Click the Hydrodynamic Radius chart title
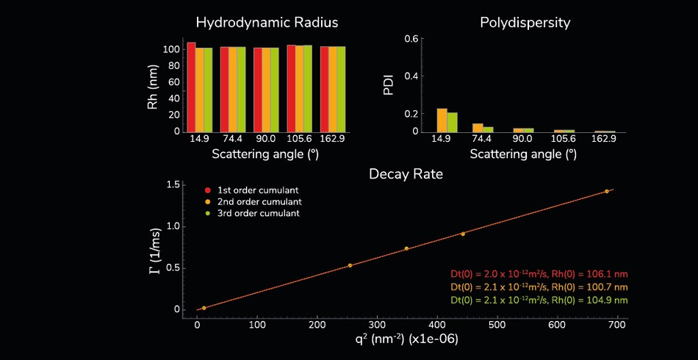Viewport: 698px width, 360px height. [x=267, y=22]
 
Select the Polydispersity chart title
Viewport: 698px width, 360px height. [x=525, y=22]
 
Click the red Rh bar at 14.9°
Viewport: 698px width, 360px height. [x=191, y=87]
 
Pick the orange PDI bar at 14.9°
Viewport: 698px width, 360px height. [x=442, y=120]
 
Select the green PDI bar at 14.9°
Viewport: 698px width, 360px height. [x=453, y=122]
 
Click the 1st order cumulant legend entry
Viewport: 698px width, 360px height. [x=252, y=190]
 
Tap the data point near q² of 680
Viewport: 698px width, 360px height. [x=607, y=191]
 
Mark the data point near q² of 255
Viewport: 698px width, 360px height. [x=350, y=265]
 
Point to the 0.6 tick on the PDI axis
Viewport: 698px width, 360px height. [x=411, y=39]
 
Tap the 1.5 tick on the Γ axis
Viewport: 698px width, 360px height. [x=173, y=184]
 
